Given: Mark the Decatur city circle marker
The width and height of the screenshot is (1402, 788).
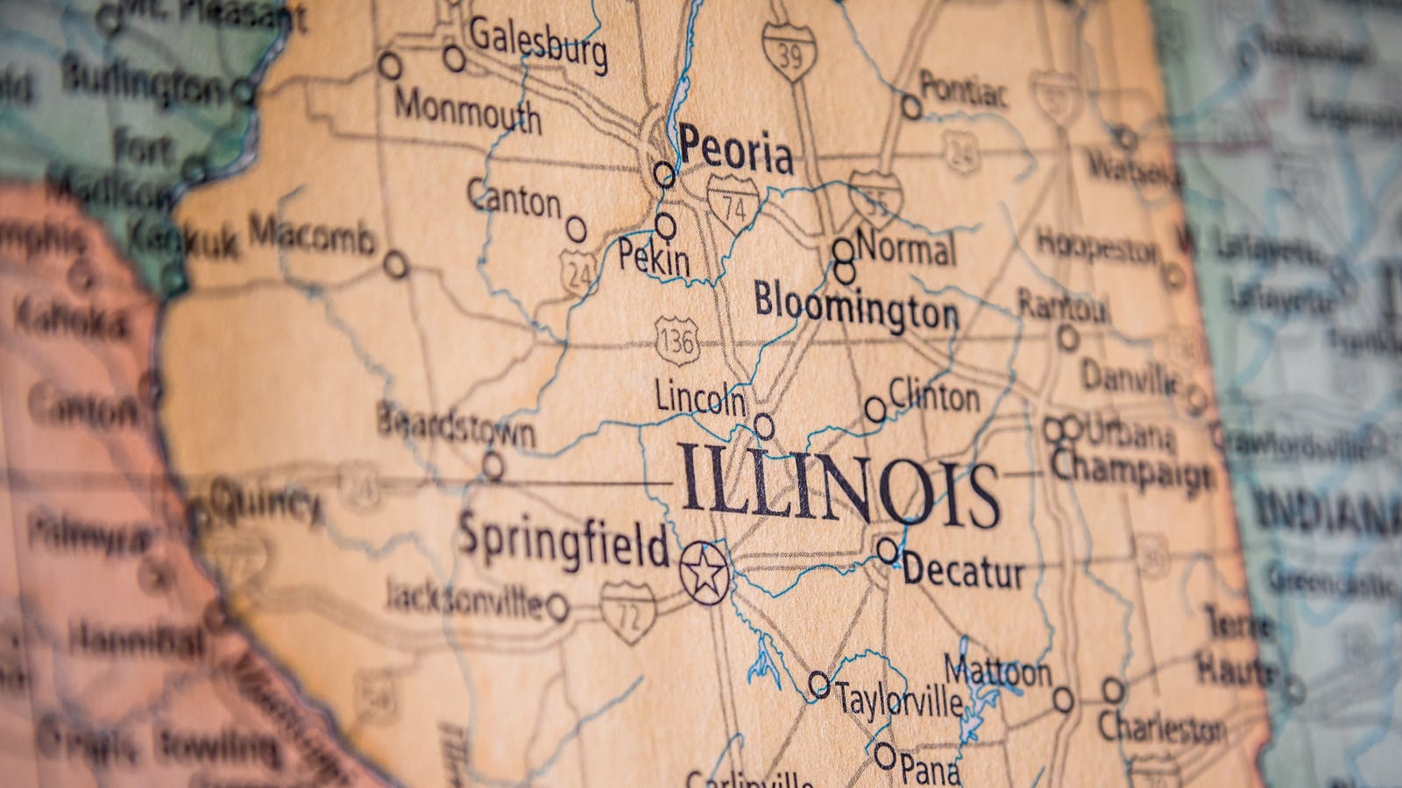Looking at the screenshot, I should tap(888, 551).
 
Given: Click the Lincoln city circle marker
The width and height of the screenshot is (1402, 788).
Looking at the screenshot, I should tap(764, 426).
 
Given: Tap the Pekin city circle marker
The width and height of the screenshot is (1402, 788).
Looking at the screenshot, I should tap(666, 227).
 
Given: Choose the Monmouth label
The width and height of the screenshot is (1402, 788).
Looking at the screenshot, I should tap(467, 111).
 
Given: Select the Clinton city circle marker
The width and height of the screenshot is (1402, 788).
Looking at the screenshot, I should tap(874, 408).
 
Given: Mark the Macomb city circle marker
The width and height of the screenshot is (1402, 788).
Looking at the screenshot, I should tap(397, 264).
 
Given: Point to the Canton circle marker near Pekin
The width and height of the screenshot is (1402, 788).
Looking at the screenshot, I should tap(576, 229).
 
